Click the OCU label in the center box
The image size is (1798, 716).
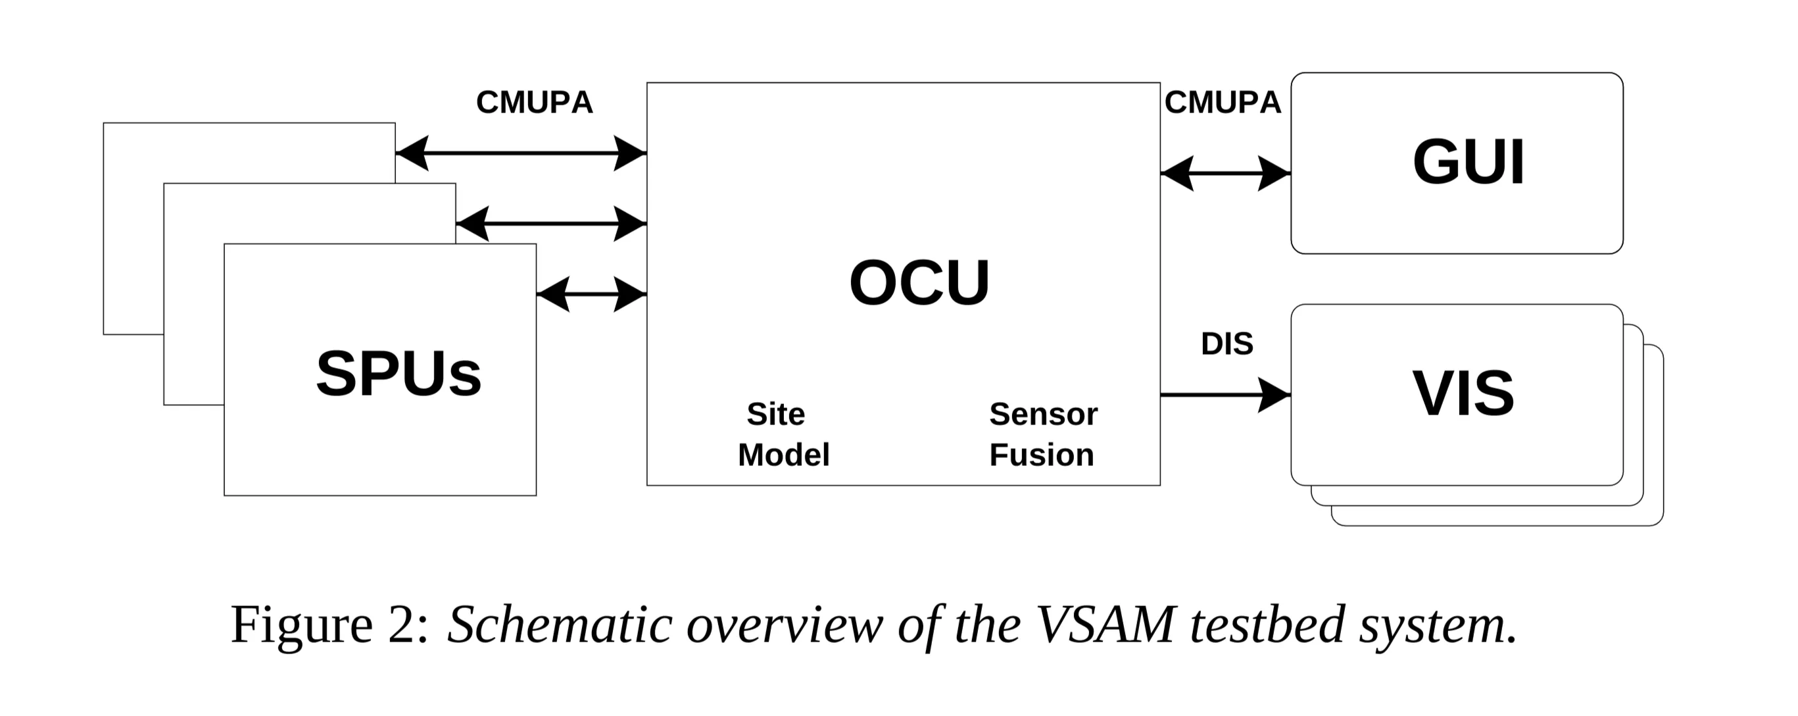pos(919,283)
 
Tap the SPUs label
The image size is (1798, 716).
pos(399,374)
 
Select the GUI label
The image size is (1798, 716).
pos(1468,163)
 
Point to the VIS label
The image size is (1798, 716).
pos(1463,394)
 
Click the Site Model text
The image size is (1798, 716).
pos(783,434)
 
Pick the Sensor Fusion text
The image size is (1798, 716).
pos(1043,434)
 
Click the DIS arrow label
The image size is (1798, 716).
pos(1227,344)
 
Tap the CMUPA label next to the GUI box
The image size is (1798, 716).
pos(1222,103)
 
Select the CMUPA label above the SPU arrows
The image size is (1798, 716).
pos(534,103)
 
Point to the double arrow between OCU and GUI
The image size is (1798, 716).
pos(1225,172)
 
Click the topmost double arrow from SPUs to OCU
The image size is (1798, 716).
pos(521,152)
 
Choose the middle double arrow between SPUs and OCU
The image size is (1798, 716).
pos(551,224)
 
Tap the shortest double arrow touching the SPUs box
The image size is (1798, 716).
pos(592,294)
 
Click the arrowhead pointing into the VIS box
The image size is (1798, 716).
pos(1275,395)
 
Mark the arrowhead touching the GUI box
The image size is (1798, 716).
pos(1275,172)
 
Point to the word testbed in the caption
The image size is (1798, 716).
pos(1266,624)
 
